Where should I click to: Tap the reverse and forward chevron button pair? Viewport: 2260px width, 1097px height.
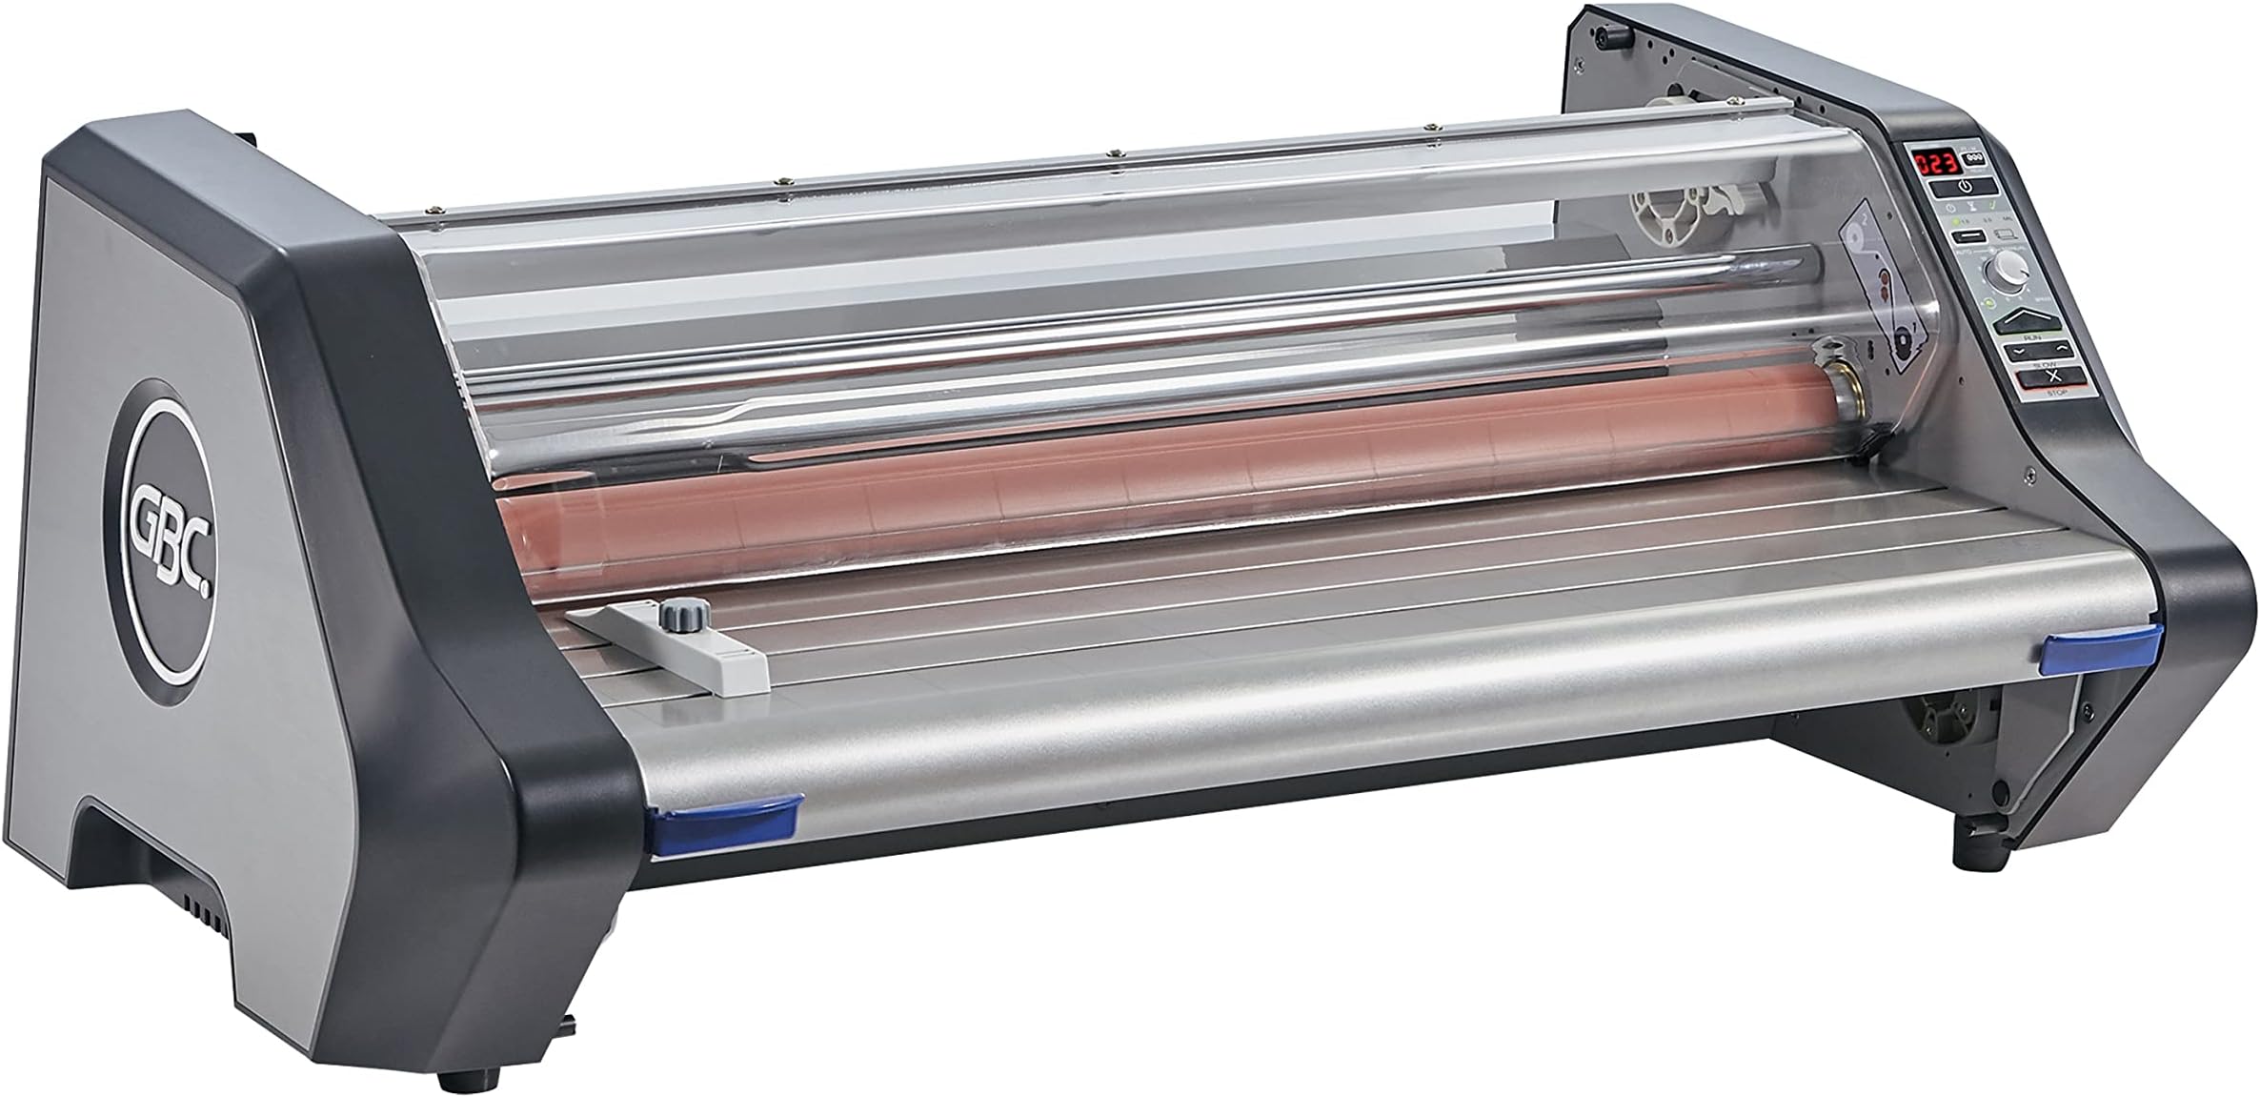(2029, 350)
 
